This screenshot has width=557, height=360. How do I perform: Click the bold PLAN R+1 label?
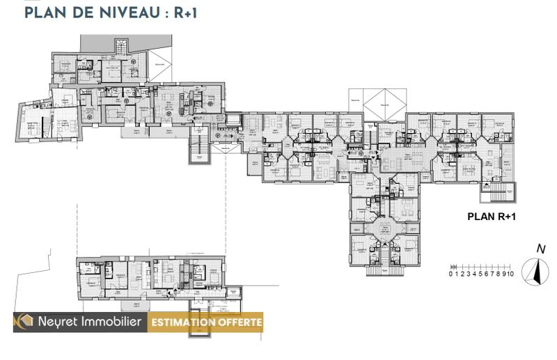click(x=491, y=217)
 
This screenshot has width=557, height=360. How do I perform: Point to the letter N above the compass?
click(x=540, y=249)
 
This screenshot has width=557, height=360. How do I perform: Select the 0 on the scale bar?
click(x=451, y=274)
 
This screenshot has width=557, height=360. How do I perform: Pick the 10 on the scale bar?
click(x=510, y=274)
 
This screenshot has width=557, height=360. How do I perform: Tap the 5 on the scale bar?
click(x=480, y=274)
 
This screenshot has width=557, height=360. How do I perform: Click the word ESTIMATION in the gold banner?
click(x=185, y=322)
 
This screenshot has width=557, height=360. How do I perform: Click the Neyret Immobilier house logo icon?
click(x=25, y=322)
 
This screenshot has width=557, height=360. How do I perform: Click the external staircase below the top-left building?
click(x=199, y=148)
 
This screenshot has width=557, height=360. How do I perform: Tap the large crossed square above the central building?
click(x=382, y=102)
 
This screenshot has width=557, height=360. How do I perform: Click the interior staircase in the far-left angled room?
click(x=46, y=125)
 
